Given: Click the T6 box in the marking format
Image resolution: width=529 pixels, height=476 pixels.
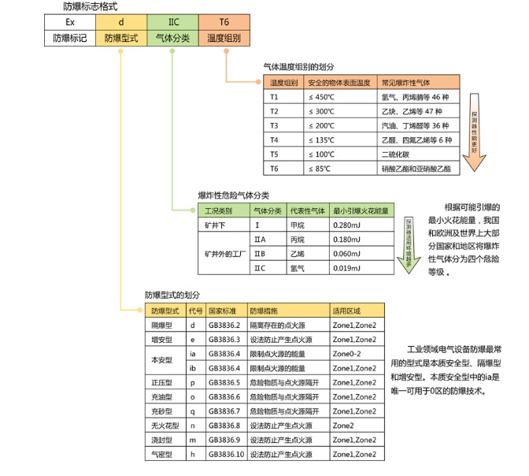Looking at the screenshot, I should (224, 21).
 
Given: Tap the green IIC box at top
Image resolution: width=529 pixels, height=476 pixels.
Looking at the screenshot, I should (172, 21).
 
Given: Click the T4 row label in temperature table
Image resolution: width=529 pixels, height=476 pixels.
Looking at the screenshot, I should (275, 139).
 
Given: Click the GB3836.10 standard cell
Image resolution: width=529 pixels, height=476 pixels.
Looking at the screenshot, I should (226, 455).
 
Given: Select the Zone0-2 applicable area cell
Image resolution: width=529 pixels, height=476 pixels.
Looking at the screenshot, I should (353, 354).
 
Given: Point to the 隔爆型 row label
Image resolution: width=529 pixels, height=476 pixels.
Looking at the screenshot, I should (161, 325).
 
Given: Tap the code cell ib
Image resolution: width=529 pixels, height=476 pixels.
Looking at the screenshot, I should (194, 368).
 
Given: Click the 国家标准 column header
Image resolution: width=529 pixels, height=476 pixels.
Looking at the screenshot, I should (223, 311).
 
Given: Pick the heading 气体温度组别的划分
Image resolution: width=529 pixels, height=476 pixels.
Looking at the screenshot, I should (298, 69).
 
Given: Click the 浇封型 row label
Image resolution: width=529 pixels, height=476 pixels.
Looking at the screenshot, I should (161, 440).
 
